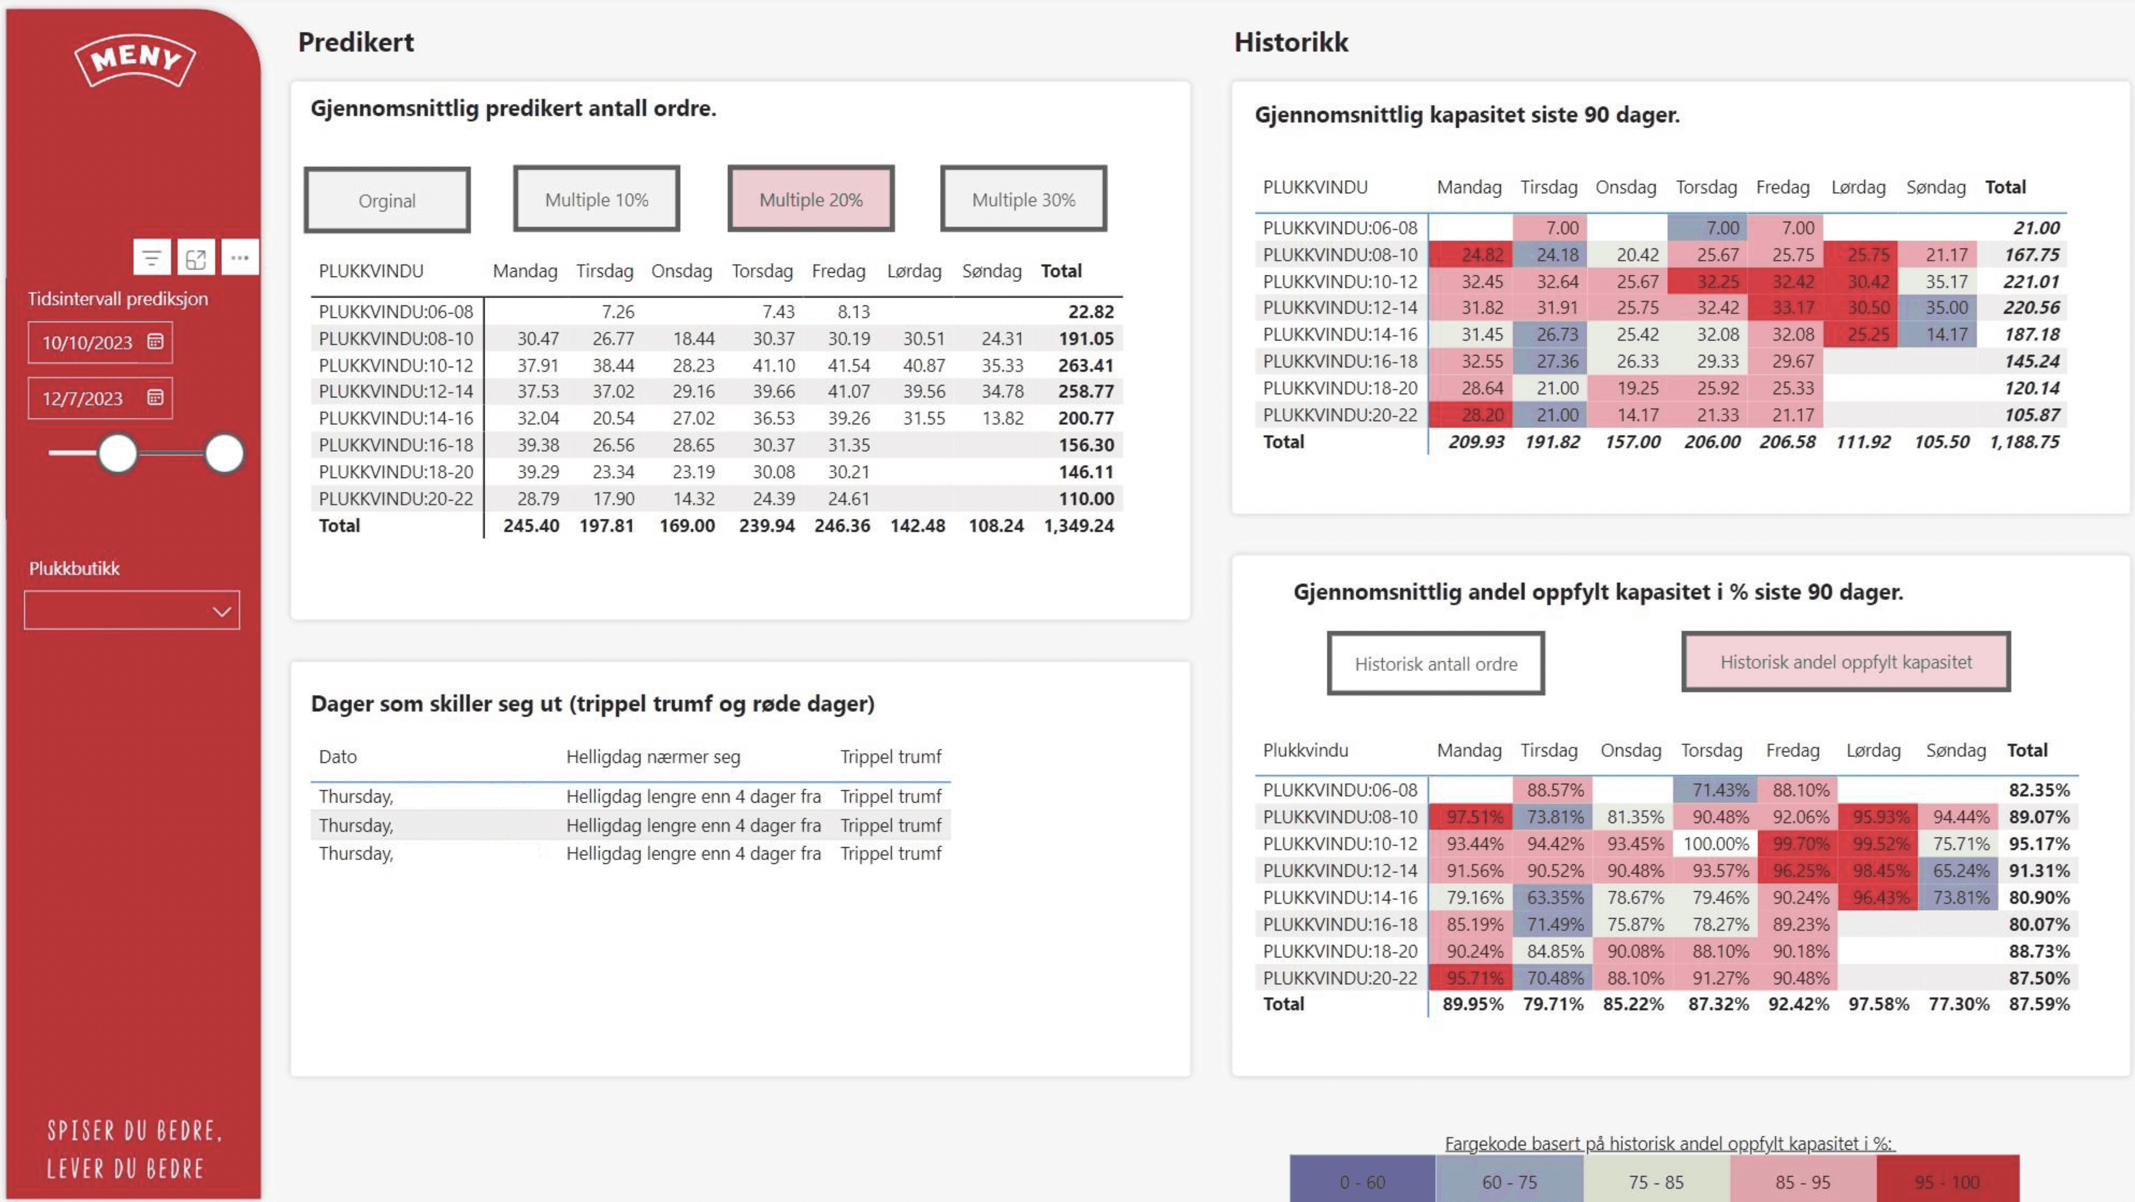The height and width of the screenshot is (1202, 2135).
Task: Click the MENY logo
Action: click(x=135, y=60)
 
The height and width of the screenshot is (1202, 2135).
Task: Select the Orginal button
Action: click(x=387, y=200)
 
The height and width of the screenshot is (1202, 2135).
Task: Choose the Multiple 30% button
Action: click(x=1023, y=199)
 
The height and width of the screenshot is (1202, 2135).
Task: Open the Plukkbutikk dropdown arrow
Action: click(x=221, y=612)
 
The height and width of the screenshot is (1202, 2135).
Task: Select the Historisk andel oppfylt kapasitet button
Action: click(x=1846, y=661)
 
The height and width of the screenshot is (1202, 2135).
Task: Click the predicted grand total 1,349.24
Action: click(x=1079, y=525)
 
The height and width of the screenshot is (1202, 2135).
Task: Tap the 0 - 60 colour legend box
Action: click(x=1363, y=1181)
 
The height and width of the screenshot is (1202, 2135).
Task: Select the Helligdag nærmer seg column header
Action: click(x=653, y=756)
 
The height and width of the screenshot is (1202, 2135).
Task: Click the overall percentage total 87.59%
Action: click(x=2039, y=1004)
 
